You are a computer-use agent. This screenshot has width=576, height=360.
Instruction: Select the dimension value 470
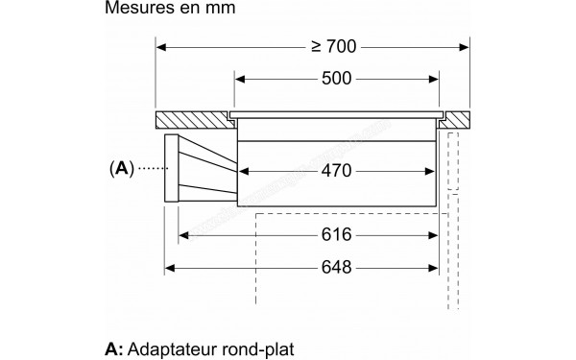336,172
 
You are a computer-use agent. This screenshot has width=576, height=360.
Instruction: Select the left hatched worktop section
192,121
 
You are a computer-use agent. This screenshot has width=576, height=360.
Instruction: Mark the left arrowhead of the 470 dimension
242,172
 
